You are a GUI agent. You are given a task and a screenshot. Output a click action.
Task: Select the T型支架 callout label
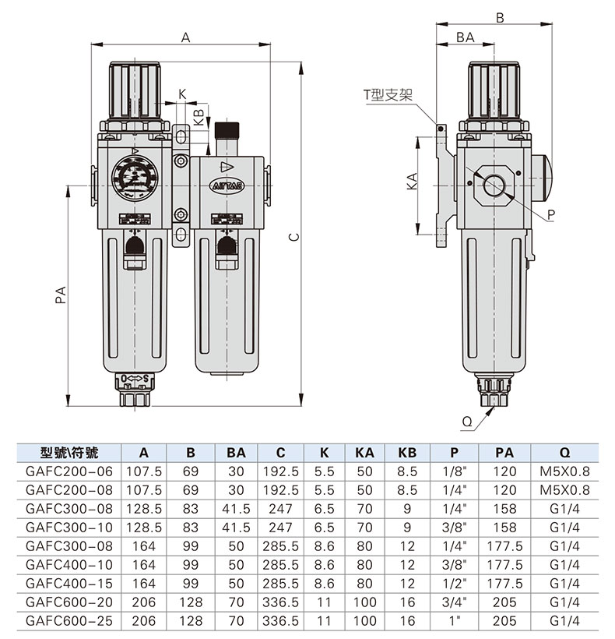coord(388,95)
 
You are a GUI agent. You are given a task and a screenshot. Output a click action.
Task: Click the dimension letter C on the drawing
coord(294,237)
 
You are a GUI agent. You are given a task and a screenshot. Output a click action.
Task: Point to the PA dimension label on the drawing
coord(61,295)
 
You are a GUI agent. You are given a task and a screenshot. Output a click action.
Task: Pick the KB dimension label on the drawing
coord(199,118)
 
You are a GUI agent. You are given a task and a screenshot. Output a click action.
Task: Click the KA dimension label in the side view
coord(413,182)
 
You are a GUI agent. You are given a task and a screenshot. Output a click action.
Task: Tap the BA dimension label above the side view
coord(466,37)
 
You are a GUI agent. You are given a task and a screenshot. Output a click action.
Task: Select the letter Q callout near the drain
coord(467,422)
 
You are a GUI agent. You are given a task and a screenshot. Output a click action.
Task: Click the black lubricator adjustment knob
coord(227,130)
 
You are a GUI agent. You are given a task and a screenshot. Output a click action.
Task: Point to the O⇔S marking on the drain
coord(135,379)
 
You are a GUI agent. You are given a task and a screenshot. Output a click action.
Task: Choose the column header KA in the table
coord(364,453)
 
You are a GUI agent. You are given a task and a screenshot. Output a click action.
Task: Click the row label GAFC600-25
coord(69,620)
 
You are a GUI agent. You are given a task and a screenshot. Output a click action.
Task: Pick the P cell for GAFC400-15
coord(454,584)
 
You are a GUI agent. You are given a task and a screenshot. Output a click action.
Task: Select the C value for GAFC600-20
coord(280,602)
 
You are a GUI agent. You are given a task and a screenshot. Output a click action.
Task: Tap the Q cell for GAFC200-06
coord(564,471)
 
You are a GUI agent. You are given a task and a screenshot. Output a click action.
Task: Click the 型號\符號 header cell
coord(69,453)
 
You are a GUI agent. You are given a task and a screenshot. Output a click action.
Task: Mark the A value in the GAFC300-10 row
coord(144,528)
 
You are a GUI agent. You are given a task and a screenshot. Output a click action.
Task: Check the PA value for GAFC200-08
coord(504,490)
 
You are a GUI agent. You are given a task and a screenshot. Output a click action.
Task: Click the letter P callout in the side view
coord(551,214)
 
